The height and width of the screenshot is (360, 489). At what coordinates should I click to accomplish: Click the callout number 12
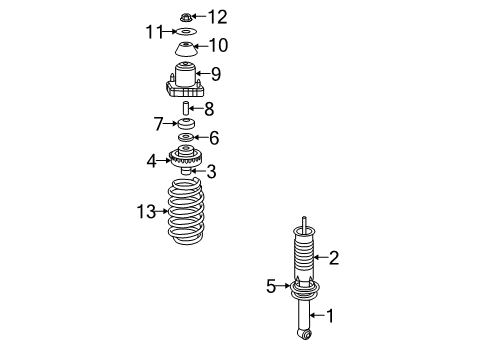pyautogui.click(x=217, y=15)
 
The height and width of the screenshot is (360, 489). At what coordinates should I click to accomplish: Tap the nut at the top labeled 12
pyautogui.click(x=185, y=16)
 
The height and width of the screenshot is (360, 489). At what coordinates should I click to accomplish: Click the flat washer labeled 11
pyautogui.click(x=185, y=32)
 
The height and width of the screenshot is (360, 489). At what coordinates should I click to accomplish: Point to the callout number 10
pyautogui.click(x=218, y=46)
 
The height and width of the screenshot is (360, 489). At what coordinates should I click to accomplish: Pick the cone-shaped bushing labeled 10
pyautogui.click(x=186, y=50)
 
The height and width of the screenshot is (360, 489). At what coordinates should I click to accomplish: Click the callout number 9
pyautogui.click(x=215, y=73)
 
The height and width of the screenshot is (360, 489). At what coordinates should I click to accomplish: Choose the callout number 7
pyautogui.click(x=157, y=123)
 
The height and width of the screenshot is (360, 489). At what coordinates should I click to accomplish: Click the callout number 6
pyautogui.click(x=213, y=138)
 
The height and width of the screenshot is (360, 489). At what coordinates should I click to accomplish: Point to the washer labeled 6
pyautogui.click(x=186, y=137)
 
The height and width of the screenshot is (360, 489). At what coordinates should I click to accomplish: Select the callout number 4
pyautogui.click(x=151, y=159)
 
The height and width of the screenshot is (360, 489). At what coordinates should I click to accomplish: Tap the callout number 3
pyautogui.click(x=211, y=172)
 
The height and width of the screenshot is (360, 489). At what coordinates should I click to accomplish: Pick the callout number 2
pyautogui.click(x=334, y=258)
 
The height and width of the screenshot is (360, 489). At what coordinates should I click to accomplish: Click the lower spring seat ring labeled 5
pyautogui.click(x=301, y=291)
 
